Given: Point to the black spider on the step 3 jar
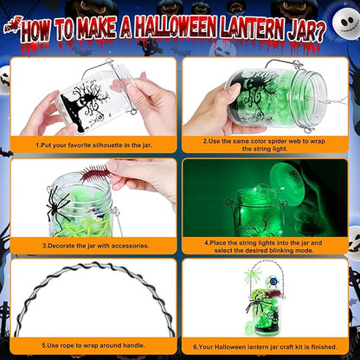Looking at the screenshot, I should tap(59, 202).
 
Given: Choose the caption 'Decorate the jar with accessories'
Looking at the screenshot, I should tap(95, 245).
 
